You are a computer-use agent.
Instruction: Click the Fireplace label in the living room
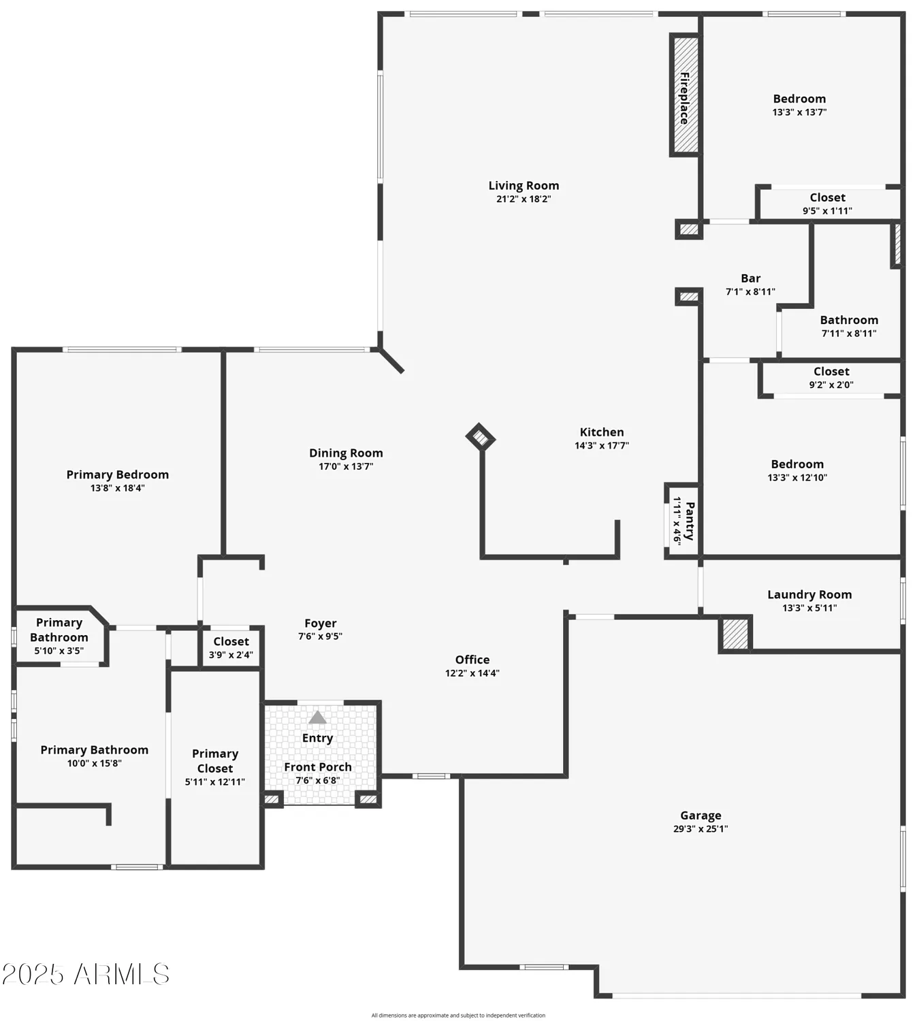point(684,97)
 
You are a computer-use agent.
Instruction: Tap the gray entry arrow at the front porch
point(317,717)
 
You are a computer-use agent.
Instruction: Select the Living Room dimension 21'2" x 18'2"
point(524,199)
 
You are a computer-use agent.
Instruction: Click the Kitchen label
point(601,432)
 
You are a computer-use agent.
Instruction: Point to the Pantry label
point(690,521)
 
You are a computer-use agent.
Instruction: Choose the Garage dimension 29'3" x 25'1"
point(701,829)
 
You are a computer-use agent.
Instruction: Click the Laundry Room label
point(809,594)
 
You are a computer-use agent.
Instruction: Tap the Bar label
point(750,278)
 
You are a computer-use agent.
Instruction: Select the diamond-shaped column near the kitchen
point(480,437)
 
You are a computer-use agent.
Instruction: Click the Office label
point(472,660)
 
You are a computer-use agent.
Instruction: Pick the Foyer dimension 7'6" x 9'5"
point(320,636)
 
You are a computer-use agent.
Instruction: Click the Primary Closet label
point(215,761)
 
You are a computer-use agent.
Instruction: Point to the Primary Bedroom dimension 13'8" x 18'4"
point(118,488)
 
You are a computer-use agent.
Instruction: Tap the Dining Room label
point(346,453)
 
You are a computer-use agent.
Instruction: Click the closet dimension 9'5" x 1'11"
point(827,211)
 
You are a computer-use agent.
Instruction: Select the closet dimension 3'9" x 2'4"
point(231,655)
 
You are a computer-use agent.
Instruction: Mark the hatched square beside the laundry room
point(735,634)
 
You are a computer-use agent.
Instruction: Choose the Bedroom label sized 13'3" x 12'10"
point(797,464)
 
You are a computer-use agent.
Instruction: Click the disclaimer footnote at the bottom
point(458,1016)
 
